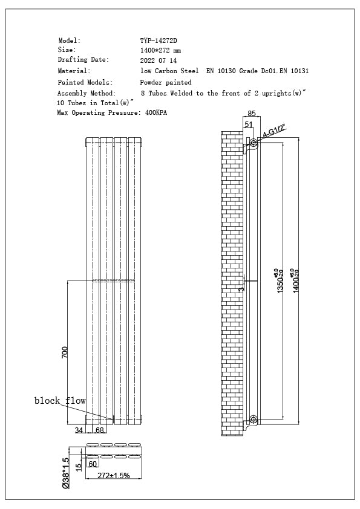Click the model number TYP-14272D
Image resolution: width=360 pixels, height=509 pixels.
click(159, 41)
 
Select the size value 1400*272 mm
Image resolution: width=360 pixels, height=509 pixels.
click(160, 50)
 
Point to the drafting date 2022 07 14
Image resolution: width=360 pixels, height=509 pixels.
click(159, 60)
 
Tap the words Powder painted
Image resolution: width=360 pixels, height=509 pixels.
click(166, 82)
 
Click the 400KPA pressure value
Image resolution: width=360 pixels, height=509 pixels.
click(156, 113)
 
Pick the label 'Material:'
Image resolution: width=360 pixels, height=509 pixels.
click(74, 71)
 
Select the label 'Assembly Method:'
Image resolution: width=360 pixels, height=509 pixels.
click(86, 94)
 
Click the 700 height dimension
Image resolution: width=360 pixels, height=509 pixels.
click(65, 352)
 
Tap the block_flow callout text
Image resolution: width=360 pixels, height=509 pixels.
click(60, 401)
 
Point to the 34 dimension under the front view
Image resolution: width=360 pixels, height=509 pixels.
click(79, 430)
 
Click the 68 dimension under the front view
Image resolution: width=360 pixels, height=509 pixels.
click(99, 430)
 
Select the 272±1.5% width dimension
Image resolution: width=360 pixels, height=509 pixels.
click(114, 476)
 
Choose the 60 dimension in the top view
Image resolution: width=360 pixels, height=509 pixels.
click(93, 464)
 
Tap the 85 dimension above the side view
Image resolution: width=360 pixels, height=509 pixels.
click(252, 112)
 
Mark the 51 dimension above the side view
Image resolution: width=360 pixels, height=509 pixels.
click(248, 124)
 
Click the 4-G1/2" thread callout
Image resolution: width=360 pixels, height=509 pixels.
click(273, 132)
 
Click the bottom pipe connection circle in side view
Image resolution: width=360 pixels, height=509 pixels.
click(253, 419)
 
